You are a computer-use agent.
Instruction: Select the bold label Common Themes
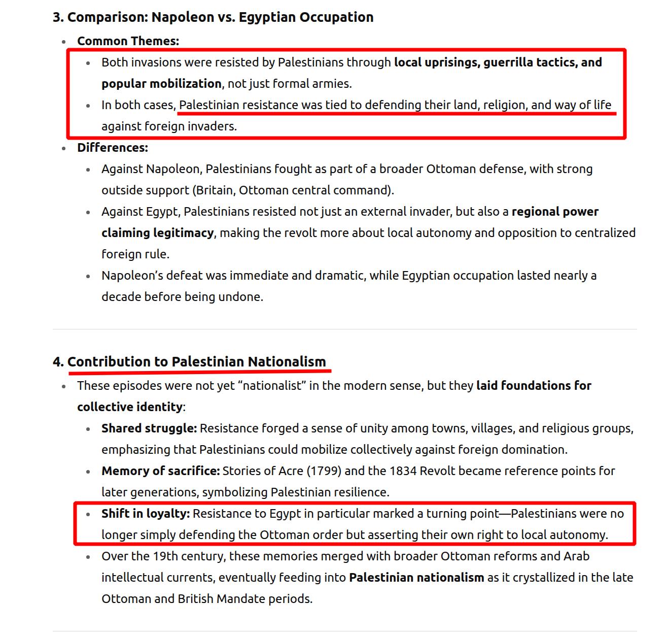[x=128, y=41]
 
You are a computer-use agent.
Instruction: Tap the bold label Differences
[x=112, y=148]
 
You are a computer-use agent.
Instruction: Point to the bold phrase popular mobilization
[x=161, y=84]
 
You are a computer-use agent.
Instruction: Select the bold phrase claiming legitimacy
[x=157, y=233]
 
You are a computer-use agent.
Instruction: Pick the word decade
[x=122, y=297]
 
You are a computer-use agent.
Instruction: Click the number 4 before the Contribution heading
[x=57, y=362]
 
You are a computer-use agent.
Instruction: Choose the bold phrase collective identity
[x=129, y=407]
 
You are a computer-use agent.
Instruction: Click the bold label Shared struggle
[x=149, y=428]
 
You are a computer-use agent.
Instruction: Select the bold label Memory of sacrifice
[x=160, y=471]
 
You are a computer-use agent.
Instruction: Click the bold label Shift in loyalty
[x=146, y=514]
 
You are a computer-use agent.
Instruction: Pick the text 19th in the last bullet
[x=166, y=556]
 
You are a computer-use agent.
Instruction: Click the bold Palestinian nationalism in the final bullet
[x=416, y=578]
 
